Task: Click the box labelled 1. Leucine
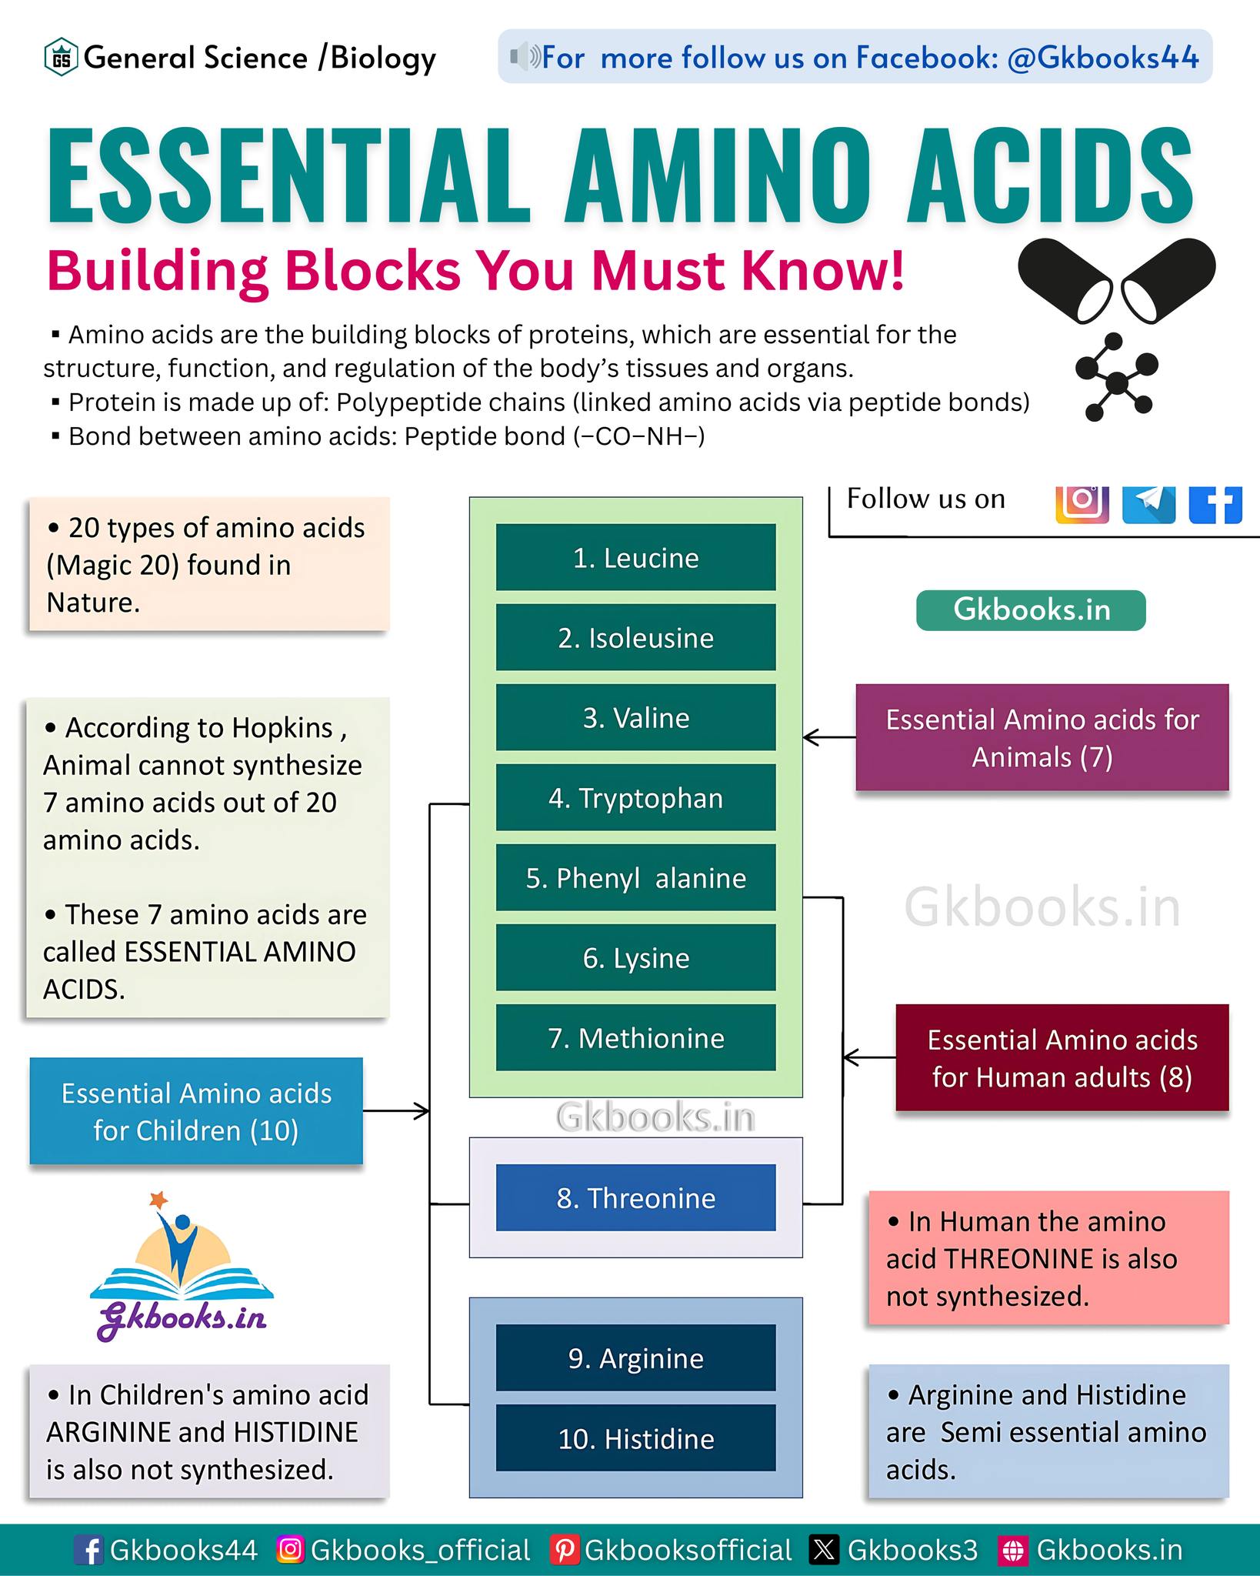point(635,557)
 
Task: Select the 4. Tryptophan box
point(635,797)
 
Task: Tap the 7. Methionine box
point(635,1037)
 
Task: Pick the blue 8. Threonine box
point(635,1197)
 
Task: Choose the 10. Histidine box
point(635,1437)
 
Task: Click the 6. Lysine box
point(635,957)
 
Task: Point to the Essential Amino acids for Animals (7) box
point(1042,737)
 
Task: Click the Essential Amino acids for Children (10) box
point(196,1110)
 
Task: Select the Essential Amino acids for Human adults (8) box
point(1062,1057)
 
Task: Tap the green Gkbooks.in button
point(1031,610)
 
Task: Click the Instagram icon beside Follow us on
point(1082,503)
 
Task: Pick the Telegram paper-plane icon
point(1148,503)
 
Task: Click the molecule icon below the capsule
point(1116,377)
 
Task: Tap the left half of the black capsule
point(1065,279)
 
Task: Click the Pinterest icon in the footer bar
point(565,1550)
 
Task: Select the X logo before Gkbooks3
point(824,1550)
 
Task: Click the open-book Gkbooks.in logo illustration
point(182,1267)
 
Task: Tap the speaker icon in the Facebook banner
point(525,57)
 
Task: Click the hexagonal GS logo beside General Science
point(61,58)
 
